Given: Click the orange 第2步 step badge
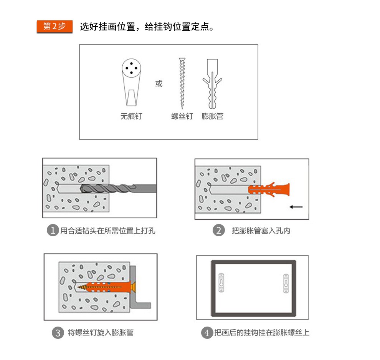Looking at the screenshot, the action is coord(55,26).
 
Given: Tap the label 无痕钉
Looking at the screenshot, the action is coord(131,116).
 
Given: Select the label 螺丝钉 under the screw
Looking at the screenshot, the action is coord(182,116).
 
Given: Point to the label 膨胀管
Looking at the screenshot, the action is coord(212,116).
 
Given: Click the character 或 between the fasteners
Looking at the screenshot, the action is coord(159,84).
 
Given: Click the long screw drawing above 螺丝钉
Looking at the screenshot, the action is coord(182,83).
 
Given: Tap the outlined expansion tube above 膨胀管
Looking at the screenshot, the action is coord(212,84).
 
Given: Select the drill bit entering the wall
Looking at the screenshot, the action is coord(118,188).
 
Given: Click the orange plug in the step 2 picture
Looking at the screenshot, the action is coord(269,189).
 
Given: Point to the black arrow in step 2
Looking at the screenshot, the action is coord(296,207).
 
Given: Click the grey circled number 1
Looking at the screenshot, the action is coord(53,230).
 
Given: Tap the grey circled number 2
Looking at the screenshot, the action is coord(219,230).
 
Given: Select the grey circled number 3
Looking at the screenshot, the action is coord(58,333).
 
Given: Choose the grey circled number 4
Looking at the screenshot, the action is coord(207,333).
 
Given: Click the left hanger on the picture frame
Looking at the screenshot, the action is coord(221,283).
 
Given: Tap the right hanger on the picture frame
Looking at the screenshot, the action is coord(286,283).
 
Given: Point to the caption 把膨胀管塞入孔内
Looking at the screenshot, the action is coord(261,231).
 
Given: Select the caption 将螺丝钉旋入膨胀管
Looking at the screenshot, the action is coord(101,332).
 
